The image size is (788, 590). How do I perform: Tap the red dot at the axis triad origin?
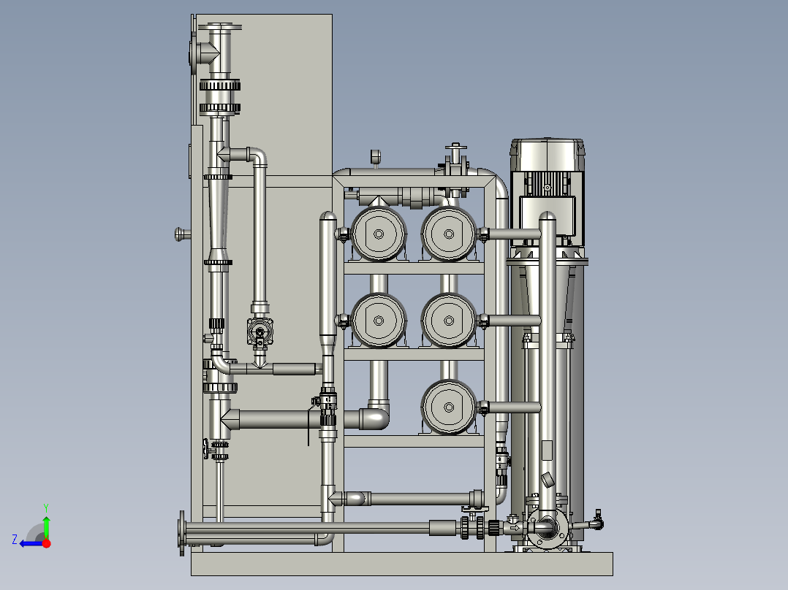coord(47,543)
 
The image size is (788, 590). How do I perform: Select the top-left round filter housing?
coord(379,234)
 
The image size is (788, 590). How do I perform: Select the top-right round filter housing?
coord(448,234)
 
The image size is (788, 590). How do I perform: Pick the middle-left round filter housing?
coord(379,321)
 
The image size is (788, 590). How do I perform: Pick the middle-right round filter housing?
coord(448,321)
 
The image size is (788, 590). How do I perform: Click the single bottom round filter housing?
coord(448,407)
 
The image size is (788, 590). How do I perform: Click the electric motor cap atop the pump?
coord(548,154)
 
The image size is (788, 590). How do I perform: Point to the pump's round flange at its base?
coord(547,529)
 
